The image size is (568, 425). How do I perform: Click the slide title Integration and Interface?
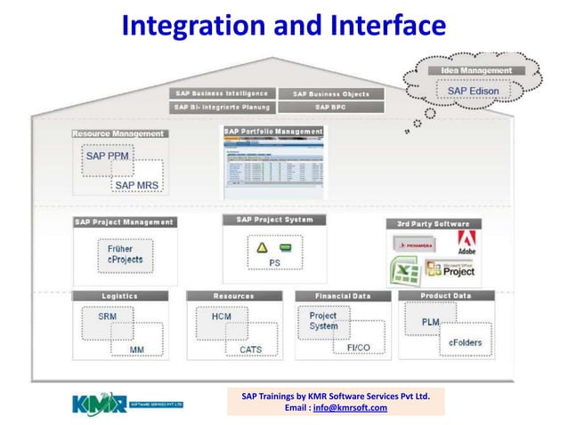click(283, 27)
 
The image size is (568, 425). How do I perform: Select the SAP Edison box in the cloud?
click(473, 91)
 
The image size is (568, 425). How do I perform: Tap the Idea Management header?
click(476, 70)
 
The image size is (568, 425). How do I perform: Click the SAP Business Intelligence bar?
click(221, 93)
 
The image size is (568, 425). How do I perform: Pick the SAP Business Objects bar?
click(331, 93)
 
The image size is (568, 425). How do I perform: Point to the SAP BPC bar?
click(331, 107)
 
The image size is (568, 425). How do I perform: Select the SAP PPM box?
click(108, 156)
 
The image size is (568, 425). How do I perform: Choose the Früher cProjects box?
click(125, 254)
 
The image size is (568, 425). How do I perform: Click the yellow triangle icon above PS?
click(263, 246)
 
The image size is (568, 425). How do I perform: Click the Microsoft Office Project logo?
click(452, 269)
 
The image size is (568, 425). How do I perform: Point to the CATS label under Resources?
click(250, 349)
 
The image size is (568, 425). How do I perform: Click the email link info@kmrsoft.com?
click(357, 408)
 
